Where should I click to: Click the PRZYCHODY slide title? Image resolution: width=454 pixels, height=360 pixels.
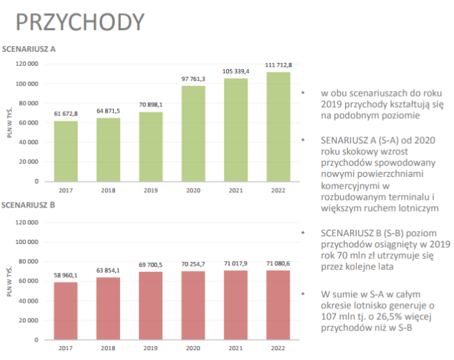click(x=80, y=22)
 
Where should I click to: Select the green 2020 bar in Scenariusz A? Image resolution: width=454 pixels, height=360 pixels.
click(x=193, y=134)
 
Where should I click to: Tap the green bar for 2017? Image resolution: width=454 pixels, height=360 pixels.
click(x=66, y=151)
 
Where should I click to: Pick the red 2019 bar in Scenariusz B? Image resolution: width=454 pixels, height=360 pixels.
click(x=151, y=305)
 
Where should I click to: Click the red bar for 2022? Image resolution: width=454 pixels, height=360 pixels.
click(x=278, y=305)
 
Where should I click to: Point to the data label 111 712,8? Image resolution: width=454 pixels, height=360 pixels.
click(x=279, y=65)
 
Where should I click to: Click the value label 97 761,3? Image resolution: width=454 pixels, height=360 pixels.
click(x=193, y=79)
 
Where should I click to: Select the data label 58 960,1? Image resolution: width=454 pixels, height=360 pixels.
click(x=66, y=275)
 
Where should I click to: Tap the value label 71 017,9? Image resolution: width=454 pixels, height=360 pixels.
click(x=235, y=264)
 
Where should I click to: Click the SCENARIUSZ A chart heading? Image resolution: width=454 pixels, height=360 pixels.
click(x=29, y=49)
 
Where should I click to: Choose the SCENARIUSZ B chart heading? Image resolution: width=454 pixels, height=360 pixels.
click(x=28, y=205)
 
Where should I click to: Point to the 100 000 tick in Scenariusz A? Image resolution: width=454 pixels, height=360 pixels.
click(x=27, y=84)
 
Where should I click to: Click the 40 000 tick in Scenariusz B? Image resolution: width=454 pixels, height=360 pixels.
click(x=29, y=301)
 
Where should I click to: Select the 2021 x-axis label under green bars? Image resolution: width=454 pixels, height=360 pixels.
click(x=235, y=190)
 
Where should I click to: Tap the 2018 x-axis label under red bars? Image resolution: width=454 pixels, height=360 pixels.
click(x=108, y=348)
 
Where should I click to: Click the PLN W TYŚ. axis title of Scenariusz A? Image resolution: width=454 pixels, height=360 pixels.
click(x=10, y=122)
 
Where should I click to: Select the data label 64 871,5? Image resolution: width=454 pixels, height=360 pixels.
click(x=108, y=111)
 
